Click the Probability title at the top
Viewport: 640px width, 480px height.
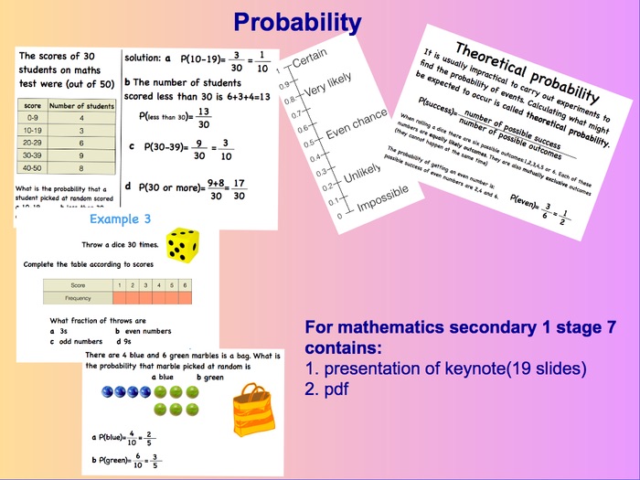point(296,21)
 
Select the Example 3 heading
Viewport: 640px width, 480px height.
point(120,219)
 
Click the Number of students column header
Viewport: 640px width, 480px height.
point(80,106)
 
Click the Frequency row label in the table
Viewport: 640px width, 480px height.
point(77,298)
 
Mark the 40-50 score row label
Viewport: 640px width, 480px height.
point(32,168)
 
